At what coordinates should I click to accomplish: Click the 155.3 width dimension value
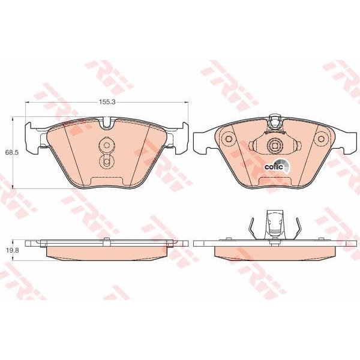[106, 103]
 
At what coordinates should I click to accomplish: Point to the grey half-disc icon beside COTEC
[287, 168]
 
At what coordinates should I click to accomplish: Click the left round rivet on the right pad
[228, 140]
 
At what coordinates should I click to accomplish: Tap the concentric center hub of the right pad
[275, 145]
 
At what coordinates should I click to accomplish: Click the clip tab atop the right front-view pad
[275, 121]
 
